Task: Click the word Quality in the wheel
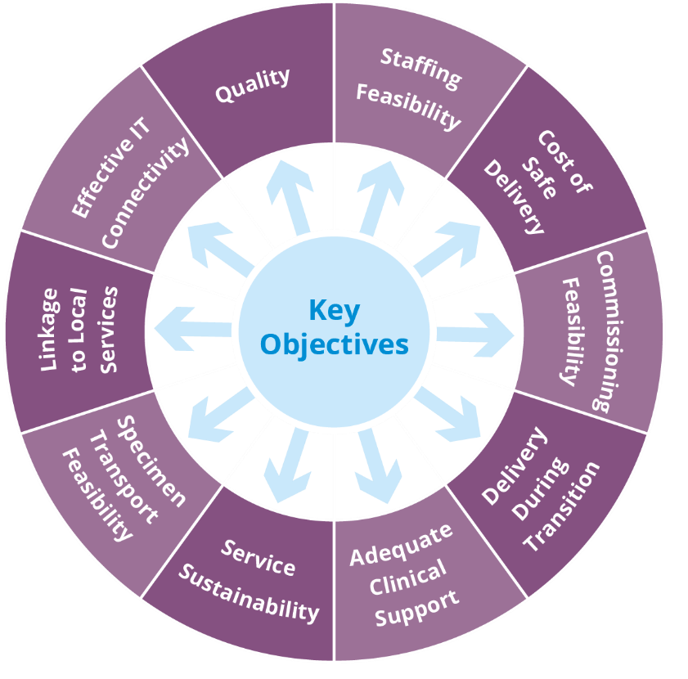[253, 85]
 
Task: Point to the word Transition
[564, 507]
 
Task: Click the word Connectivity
[146, 193]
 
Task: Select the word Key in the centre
[334, 311]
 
